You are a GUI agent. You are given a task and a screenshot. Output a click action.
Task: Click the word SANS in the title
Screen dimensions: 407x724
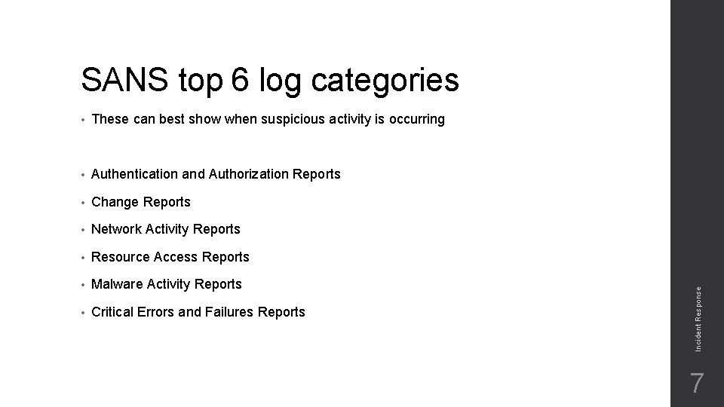click(127, 79)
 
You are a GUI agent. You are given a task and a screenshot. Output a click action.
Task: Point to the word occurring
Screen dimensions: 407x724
click(414, 119)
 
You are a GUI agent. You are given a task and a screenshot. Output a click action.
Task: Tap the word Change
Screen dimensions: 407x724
click(115, 202)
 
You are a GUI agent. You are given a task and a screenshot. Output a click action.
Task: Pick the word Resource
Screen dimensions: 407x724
click(121, 257)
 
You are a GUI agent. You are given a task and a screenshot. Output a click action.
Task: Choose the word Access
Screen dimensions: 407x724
click(176, 257)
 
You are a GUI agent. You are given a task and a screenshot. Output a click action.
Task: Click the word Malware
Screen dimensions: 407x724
click(117, 284)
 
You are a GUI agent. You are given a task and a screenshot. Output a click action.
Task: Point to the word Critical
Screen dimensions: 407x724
click(113, 312)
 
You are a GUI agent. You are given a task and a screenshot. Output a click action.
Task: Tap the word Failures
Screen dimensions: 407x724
click(227, 312)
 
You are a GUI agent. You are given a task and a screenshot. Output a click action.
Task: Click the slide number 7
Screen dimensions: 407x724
click(698, 384)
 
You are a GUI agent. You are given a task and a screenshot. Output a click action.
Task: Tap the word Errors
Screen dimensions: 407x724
click(158, 312)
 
